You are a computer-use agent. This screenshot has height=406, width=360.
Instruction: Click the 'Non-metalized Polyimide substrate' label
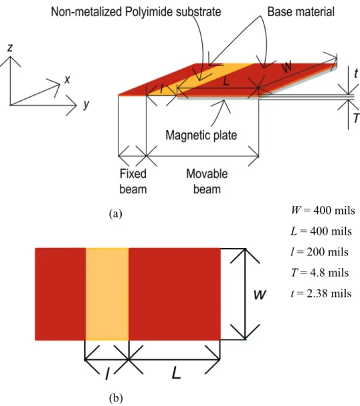136,12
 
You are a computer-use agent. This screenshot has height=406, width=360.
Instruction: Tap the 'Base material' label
300,11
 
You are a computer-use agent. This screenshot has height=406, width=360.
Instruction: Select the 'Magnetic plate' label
201,135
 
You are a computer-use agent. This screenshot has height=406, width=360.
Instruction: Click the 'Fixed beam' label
133,181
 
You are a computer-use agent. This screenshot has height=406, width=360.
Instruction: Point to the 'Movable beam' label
207,181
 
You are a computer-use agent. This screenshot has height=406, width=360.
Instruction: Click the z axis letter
10,47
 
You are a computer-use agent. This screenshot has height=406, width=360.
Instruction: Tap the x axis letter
67,79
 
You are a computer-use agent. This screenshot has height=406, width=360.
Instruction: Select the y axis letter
86,104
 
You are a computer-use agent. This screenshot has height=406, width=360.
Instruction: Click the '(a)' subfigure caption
116,214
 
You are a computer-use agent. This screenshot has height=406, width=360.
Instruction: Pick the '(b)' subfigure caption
116,398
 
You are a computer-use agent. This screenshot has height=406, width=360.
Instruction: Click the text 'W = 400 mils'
323,210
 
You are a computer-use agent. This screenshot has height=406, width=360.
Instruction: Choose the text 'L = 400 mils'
321,231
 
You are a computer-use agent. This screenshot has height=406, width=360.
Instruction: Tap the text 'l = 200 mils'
320,251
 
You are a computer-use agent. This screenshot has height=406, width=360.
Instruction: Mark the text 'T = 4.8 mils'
320,273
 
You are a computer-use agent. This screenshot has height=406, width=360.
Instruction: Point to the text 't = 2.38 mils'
321,294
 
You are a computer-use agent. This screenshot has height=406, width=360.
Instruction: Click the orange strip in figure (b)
107,294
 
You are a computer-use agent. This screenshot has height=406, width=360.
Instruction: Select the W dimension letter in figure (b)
260,295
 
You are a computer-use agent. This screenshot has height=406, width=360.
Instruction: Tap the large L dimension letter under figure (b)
177,373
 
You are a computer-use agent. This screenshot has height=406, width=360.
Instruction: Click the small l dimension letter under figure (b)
108,374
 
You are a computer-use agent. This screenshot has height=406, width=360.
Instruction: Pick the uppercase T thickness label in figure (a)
357,118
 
